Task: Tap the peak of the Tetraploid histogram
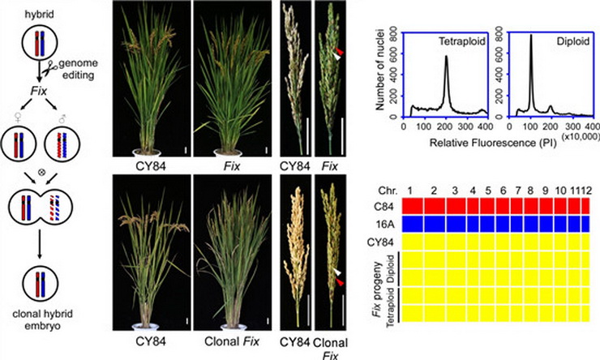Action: (446, 56)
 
